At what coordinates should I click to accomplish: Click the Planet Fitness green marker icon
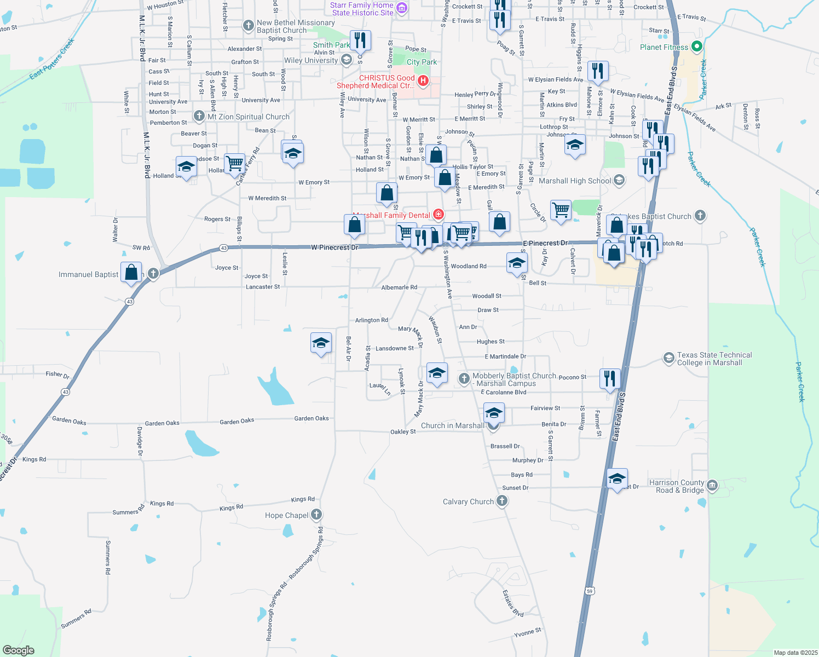coord(696,47)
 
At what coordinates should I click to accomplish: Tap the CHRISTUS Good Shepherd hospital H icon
coord(423,81)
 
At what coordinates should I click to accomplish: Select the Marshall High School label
coord(575,181)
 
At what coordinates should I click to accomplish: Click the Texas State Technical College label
coord(714,359)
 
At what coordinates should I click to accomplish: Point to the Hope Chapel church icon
coord(316,515)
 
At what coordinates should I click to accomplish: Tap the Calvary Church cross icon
coord(501,501)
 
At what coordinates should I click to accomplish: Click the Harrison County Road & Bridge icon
coord(712,485)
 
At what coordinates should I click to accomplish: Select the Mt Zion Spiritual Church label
coord(248,117)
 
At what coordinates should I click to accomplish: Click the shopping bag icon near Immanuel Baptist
coord(131,272)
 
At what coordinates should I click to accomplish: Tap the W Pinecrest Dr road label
coord(334,247)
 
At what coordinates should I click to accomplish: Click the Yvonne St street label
coord(528,633)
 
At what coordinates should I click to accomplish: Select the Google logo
coord(18,650)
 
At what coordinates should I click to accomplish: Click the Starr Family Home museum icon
coord(401,8)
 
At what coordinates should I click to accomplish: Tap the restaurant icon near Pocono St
coord(609,378)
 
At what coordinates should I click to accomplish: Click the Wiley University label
coord(311,60)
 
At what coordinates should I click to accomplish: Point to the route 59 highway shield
coord(589,591)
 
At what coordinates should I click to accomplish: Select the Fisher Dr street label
coord(57,375)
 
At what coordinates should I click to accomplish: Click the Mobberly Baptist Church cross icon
coord(464,378)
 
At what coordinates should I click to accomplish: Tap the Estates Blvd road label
coord(513,603)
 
